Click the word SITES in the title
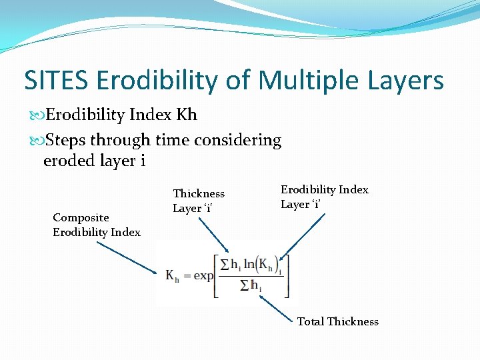tap(57, 81)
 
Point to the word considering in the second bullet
tap(238, 141)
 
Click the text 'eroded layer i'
tap(94, 161)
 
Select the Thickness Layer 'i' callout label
tap(199, 201)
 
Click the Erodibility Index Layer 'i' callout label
tap(324, 197)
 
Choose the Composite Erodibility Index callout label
tap(97, 225)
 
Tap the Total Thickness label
tap(337, 321)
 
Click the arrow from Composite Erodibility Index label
tap(127, 257)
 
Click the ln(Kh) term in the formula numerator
tap(265, 264)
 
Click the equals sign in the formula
tap(187, 275)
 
